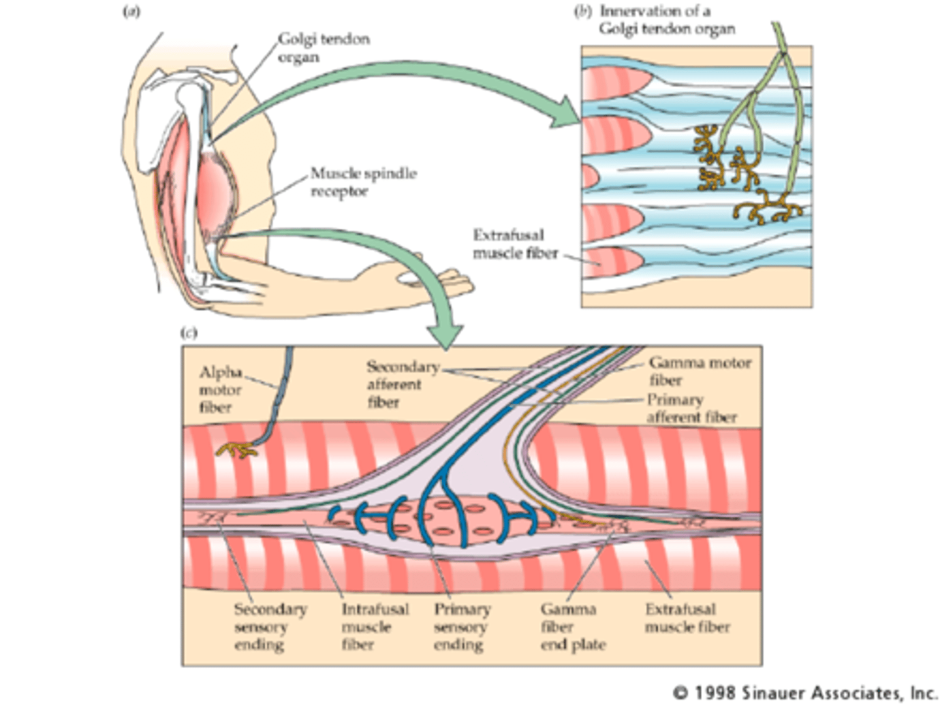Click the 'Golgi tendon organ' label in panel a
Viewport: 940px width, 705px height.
pyautogui.click(x=323, y=48)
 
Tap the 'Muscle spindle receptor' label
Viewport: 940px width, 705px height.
pyautogui.click(x=363, y=182)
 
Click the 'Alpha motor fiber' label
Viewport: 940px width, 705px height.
pyautogui.click(x=220, y=390)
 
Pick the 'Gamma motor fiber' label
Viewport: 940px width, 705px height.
pyautogui.click(x=699, y=371)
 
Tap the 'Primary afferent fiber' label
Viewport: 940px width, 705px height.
pyautogui.click(x=691, y=408)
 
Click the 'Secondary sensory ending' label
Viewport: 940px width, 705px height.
pyautogui.click(x=270, y=627)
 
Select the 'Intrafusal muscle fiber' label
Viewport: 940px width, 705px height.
pyautogui.click(x=375, y=627)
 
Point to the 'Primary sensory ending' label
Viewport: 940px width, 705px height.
pyautogui.click(x=462, y=627)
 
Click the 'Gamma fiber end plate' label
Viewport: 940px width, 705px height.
pyautogui.click(x=572, y=627)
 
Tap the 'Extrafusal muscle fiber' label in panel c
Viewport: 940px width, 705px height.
pyautogui.click(x=687, y=618)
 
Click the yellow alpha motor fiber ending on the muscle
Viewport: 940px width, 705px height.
pyautogui.click(x=236, y=449)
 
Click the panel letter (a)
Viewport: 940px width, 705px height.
pyautogui.click(x=131, y=12)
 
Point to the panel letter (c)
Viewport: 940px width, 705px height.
pyautogui.click(x=189, y=333)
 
